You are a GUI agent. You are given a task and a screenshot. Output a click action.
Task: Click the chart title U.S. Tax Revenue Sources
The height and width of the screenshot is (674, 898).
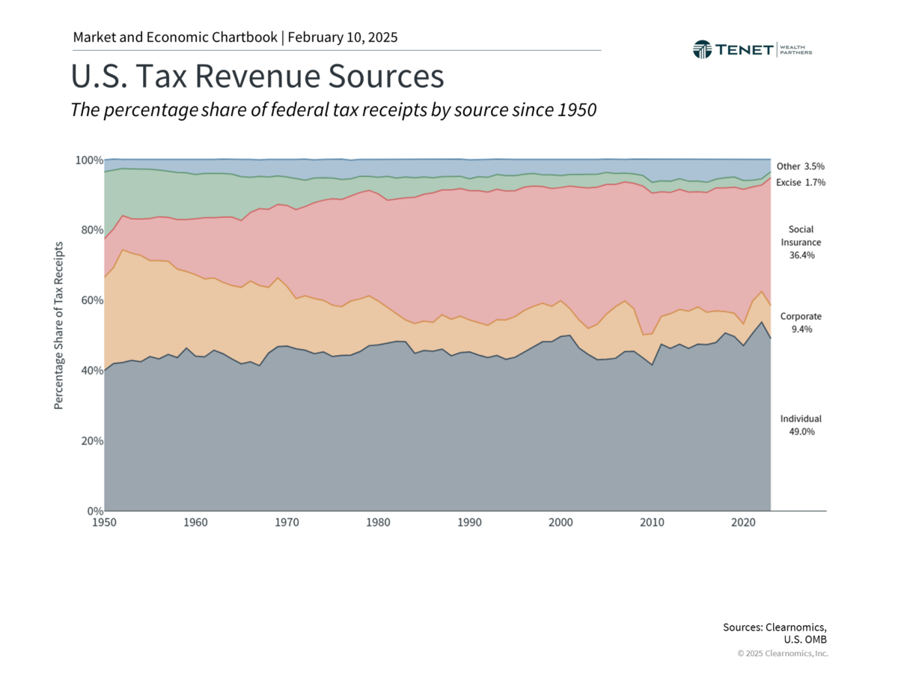pos(257,77)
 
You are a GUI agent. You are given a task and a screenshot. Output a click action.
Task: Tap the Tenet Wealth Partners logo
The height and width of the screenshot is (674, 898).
pos(752,49)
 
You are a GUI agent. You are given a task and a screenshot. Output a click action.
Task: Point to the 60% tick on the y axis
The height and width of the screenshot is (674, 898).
pos(91,300)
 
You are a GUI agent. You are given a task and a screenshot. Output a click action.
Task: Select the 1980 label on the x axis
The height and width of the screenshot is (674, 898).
pos(377,522)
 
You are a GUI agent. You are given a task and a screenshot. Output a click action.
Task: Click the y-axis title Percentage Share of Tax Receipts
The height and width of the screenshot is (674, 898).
pos(58,325)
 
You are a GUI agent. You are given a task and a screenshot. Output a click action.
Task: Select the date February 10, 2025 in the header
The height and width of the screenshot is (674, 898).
pos(342,37)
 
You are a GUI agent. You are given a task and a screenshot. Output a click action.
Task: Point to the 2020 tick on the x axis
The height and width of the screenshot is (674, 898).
pos(742,522)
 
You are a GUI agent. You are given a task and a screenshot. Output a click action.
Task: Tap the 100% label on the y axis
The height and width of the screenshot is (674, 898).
pos(88,160)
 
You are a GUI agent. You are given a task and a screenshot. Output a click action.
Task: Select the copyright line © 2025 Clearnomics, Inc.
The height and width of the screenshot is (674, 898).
pos(783,654)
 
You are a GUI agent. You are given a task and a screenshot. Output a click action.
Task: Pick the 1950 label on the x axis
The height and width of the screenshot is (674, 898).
pos(104,522)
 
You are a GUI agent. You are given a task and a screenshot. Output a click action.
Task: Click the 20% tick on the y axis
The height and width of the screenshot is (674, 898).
pos(91,441)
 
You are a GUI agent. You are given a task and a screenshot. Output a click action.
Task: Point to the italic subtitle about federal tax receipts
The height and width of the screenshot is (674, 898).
pos(333,110)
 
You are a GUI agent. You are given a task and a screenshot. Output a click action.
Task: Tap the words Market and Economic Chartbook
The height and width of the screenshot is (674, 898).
pos(175,37)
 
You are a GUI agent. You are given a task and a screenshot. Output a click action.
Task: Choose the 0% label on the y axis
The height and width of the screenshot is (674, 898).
pos(93,511)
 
